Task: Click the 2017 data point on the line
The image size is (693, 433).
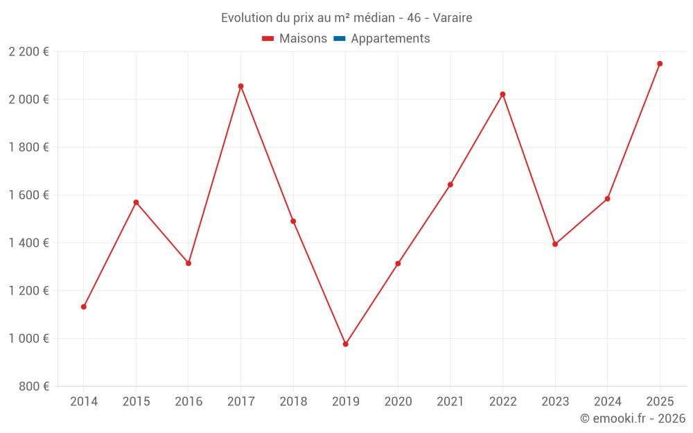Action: [240, 87]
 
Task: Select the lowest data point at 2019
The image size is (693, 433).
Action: [345, 344]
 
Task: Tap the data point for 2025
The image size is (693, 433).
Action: [660, 64]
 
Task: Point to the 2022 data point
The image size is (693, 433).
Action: [502, 94]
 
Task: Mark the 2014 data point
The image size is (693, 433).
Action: [84, 307]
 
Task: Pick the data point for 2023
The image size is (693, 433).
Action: [555, 244]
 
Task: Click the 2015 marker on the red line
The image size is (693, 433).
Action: [136, 202]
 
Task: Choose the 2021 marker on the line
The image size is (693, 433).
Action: [450, 185]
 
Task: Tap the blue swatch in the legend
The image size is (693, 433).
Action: [339, 39]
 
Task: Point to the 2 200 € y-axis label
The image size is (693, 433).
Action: [28, 52]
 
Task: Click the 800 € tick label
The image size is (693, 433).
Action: [35, 387]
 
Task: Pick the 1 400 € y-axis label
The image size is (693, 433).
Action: [28, 243]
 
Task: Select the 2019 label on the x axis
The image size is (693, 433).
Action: [345, 402]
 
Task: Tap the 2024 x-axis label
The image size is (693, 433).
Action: [607, 402]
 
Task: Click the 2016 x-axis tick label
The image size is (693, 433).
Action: [188, 402]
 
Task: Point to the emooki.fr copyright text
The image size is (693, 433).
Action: [633, 418]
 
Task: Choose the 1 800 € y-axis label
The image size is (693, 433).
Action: [28, 148]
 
